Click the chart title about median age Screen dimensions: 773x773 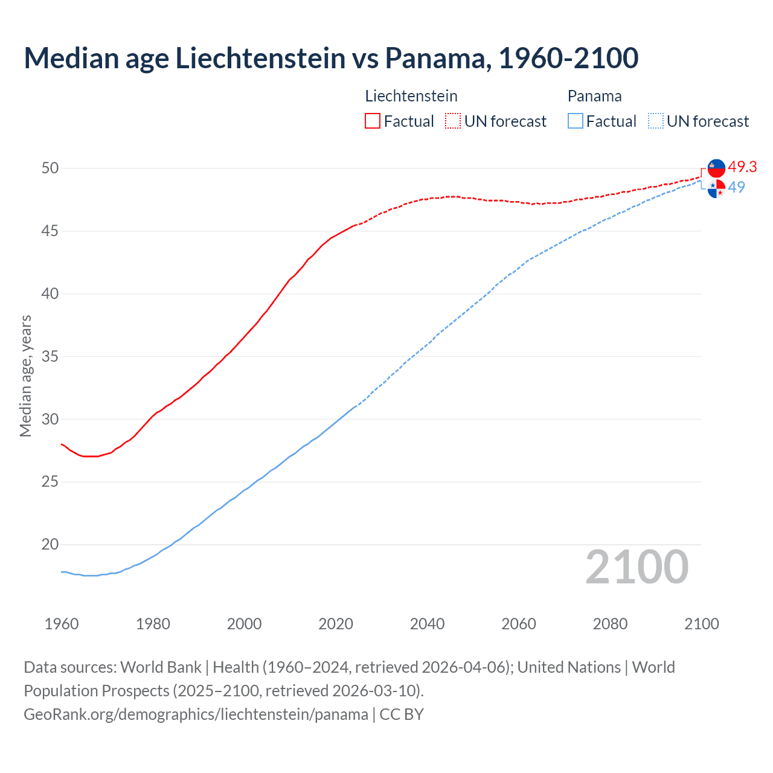(x=331, y=58)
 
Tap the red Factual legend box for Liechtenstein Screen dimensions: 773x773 (x=373, y=121)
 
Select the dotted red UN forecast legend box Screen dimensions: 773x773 (x=453, y=121)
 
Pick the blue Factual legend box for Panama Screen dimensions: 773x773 (x=576, y=121)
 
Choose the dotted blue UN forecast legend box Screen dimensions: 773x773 (x=655, y=121)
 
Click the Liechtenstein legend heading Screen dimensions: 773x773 (x=411, y=96)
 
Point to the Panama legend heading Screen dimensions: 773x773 (x=594, y=96)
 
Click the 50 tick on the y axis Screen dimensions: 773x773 (x=50, y=168)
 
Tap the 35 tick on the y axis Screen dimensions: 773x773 (x=50, y=356)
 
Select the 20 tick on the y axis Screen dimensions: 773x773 (x=50, y=545)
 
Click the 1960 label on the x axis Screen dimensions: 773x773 (x=62, y=624)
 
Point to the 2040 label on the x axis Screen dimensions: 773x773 (x=427, y=624)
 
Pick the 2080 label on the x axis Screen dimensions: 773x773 (x=610, y=624)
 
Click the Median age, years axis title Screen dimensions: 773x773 (x=25, y=376)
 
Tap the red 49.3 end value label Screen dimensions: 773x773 (x=742, y=167)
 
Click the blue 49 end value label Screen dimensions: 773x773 (x=736, y=187)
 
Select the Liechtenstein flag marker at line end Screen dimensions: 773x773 (x=716, y=168)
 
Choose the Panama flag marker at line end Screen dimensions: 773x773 (x=716, y=188)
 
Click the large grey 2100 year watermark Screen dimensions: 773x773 (x=637, y=566)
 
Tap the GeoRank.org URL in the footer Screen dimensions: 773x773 (x=196, y=714)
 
